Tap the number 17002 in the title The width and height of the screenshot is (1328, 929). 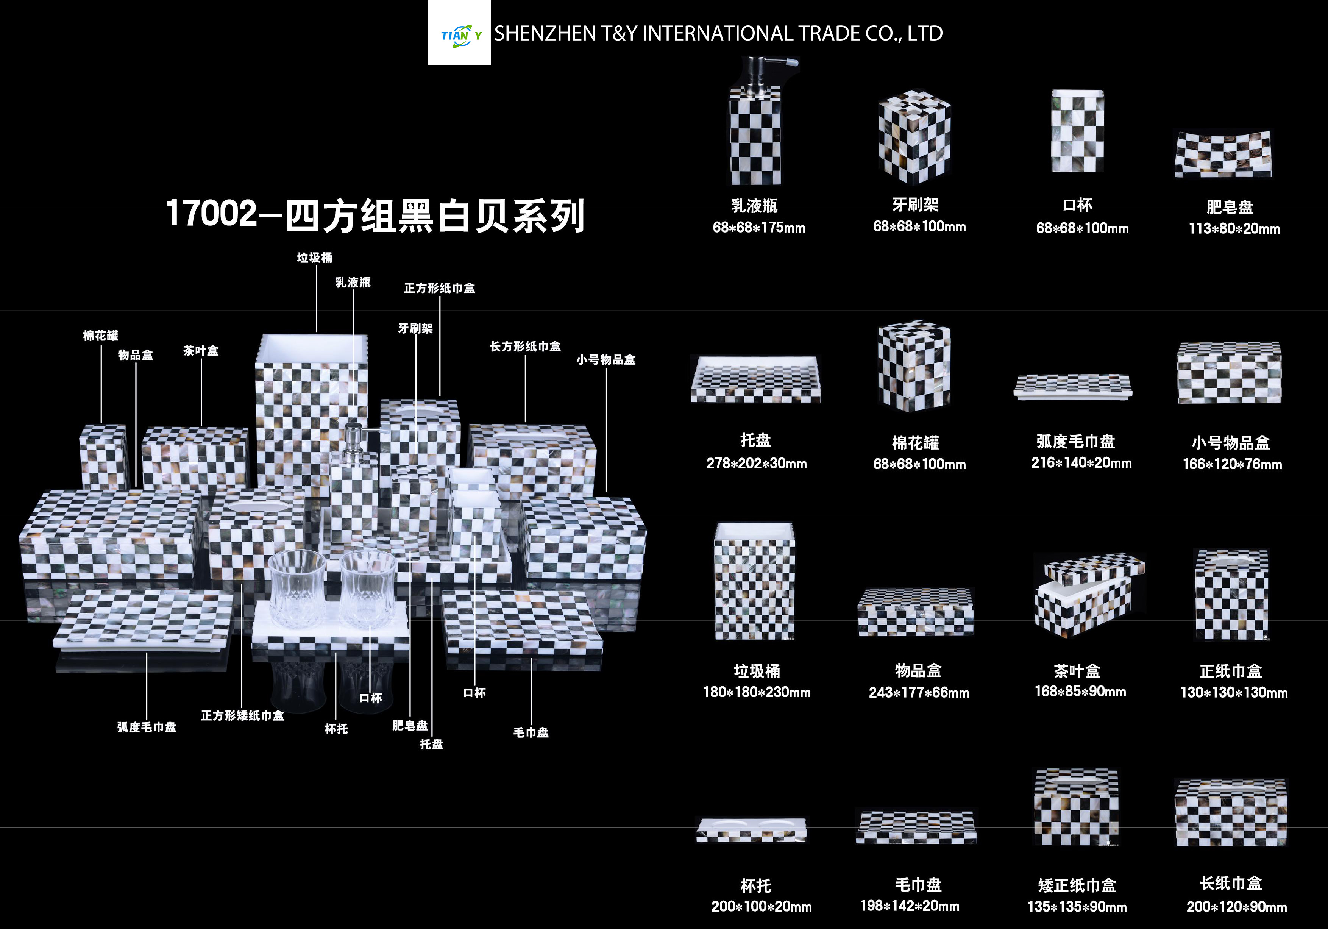coord(211,214)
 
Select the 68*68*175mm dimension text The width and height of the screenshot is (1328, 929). coord(759,227)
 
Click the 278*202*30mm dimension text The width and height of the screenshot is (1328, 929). coord(757,463)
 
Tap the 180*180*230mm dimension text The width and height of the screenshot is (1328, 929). coord(757,692)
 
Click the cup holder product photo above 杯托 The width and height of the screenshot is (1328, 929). coord(752,830)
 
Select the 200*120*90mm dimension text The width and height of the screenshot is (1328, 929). coord(1237,906)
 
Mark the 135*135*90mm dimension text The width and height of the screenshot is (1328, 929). coord(1077,906)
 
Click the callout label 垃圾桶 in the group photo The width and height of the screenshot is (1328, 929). coord(315,258)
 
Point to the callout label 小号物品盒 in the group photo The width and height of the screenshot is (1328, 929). coord(605,360)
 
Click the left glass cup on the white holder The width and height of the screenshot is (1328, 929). coord(297,588)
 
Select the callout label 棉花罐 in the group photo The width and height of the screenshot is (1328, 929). coord(101,336)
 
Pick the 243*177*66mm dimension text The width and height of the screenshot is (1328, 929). coord(919,692)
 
